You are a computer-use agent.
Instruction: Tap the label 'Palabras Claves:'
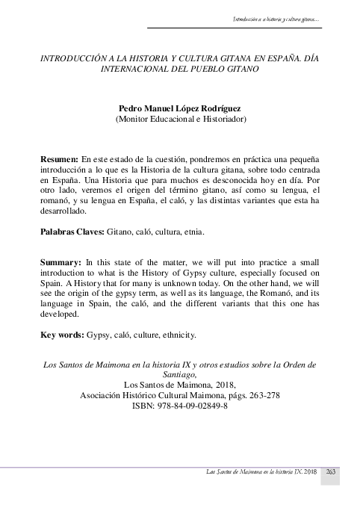(x=72, y=232)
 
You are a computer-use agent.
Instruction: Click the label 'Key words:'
(x=62, y=335)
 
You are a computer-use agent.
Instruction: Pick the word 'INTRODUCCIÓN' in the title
(x=72, y=57)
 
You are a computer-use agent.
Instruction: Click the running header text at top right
(x=277, y=18)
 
